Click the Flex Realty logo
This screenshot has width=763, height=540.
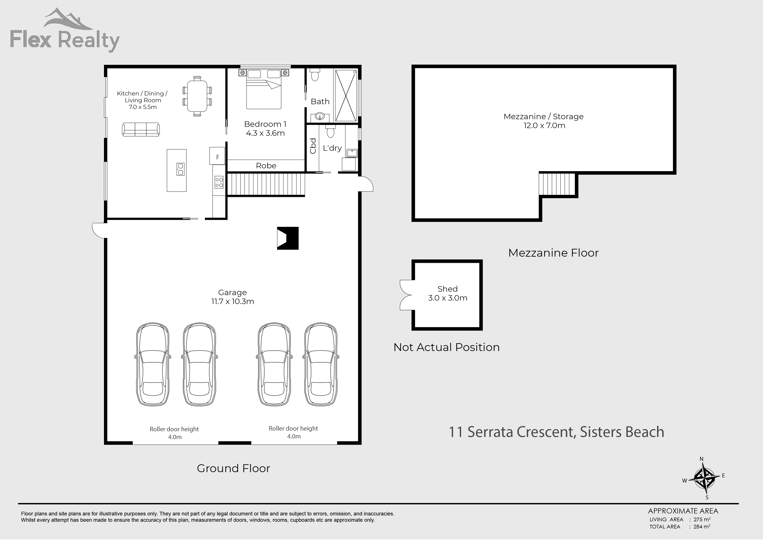pyautogui.click(x=65, y=32)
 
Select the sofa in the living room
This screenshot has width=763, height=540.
pyautogui.click(x=141, y=129)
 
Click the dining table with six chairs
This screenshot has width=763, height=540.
pyautogui.click(x=197, y=96)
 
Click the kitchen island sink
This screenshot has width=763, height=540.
pyautogui.click(x=180, y=169)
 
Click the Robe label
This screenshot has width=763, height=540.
pyautogui.click(x=266, y=166)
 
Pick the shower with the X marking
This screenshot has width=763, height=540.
pyautogui.click(x=346, y=95)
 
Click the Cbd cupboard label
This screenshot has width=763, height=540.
pyautogui.click(x=313, y=146)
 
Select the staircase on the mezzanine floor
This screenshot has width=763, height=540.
pyautogui.click(x=557, y=184)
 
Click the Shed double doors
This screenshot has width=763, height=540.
pyautogui.click(x=406, y=295)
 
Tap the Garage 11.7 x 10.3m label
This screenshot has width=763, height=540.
pyautogui.click(x=232, y=297)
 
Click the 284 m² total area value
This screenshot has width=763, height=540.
pyautogui.click(x=701, y=527)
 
